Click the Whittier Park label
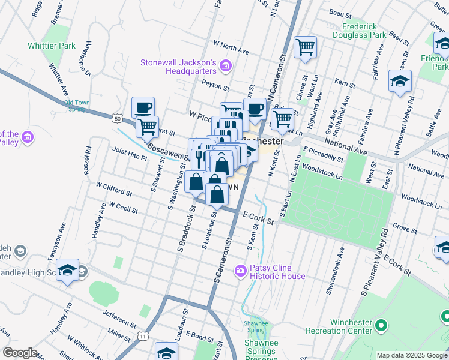(x=51, y=46)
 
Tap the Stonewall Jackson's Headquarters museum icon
(x=226, y=65)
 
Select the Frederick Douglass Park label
(x=373, y=31)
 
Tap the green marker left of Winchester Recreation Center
(x=381, y=326)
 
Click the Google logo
(x=20, y=353)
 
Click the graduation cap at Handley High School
(x=68, y=271)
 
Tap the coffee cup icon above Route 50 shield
(x=143, y=108)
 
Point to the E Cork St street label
(x=258, y=217)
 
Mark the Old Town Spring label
(x=77, y=106)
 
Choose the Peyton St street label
(x=215, y=85)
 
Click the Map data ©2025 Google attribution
(x=411, y=355)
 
